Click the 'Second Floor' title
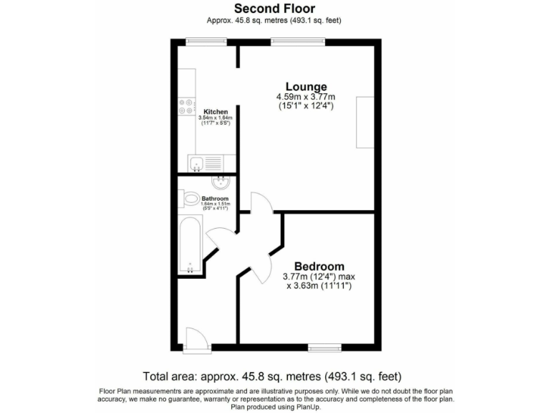pos(274,9)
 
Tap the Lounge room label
pos(307,87)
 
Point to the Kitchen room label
pos(216,112)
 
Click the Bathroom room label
pos(215,199)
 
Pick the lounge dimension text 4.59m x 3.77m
pos(307,97)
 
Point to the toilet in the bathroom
pos(190,199)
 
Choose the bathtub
pos(190,246)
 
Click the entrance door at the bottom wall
pos(195,340)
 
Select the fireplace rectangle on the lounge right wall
pos(365,122)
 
